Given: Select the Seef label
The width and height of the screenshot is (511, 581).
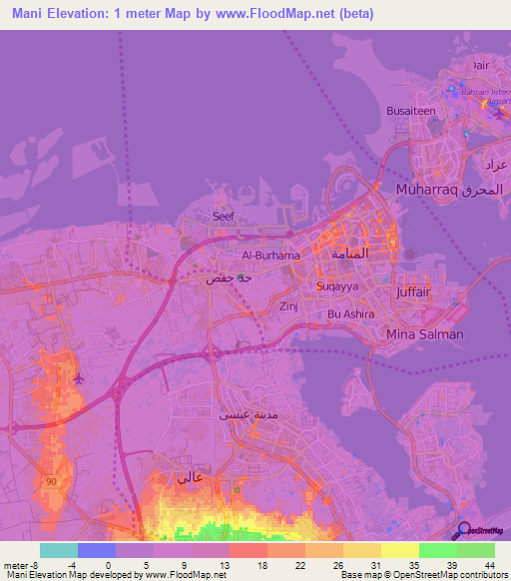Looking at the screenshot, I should tap(223, 216).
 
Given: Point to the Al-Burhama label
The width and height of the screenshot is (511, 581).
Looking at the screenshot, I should tap(262, 256).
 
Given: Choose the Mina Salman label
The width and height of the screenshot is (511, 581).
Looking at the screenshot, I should tap(424, 334).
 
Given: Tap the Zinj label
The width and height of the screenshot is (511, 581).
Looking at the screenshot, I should tap(288, 306).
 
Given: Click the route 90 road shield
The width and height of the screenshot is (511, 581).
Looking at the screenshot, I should tap(51, 482).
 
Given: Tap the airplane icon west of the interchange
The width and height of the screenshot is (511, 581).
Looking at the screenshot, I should tap(79, 379).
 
